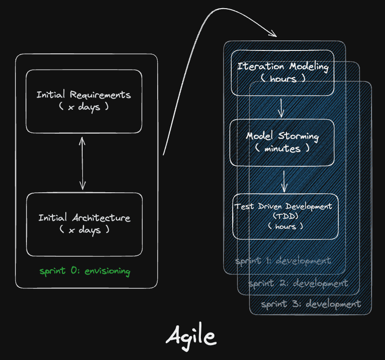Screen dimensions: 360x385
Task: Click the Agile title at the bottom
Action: click(x=191, y=336)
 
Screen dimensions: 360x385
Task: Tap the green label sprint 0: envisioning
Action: click(x=85, y=271)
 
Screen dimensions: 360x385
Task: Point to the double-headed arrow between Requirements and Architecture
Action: click(x=83, y=162)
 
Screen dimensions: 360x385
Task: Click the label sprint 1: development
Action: click(x=283, y=261)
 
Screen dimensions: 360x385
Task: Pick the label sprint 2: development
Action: click(x=298, y=283)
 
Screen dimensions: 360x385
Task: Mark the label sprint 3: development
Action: click(x=311, y=304)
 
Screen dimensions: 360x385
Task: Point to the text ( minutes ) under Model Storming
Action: click(x=282, y=149)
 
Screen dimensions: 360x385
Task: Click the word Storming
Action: click(x=298, y=137)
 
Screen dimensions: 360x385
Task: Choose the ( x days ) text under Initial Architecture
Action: click(x=84, y=230)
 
